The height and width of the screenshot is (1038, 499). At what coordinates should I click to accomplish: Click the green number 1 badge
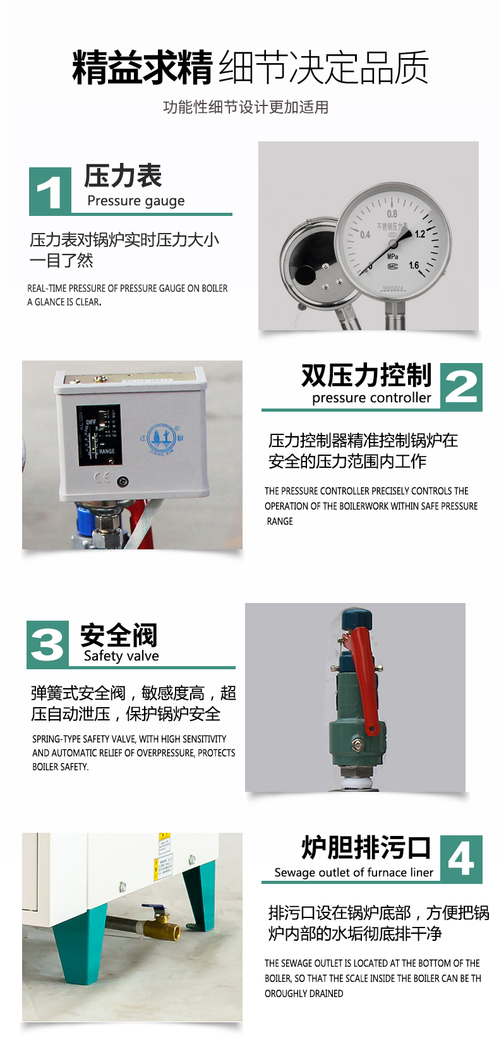pyautogui.click(x=50, y=191)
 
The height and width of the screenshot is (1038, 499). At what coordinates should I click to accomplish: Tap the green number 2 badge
pyautogui.click(x=461, y=387)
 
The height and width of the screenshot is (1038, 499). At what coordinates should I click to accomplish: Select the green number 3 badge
pyautogui.click(x=47, y=645)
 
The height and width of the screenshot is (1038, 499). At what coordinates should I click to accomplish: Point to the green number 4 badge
pyautogui.click(x=461, y=859)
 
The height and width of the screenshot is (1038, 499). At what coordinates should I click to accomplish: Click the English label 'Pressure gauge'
pyautogui.click(x=136, y=201)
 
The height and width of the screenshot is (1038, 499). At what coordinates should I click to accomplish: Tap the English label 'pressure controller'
pyautogui.click(x=371, y=398)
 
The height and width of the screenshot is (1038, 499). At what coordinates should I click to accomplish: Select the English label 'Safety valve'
pyautogui.click(x=121, y=656)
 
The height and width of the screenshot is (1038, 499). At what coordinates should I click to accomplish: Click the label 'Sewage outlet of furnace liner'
pyautogui.click(x=354, y=873)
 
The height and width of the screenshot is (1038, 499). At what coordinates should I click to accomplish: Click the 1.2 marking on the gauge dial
pyautogui.click(x=419, y=234)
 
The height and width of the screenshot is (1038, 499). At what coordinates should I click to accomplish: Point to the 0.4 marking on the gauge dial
pyautogui.click(x=365, y=235)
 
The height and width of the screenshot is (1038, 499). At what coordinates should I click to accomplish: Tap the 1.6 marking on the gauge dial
pyautogui.click(x=413, y=265)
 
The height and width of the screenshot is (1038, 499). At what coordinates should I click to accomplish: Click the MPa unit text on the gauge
pyautogui.click(x=392, y=256)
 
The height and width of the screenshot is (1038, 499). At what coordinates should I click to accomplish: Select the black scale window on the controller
pyautogui.click(x=99, y=436)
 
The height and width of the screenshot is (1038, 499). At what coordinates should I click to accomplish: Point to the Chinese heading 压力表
pyautogui.click(x=123, y=176)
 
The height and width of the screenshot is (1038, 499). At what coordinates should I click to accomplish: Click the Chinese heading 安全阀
pyautogui.click(x=118, y=635)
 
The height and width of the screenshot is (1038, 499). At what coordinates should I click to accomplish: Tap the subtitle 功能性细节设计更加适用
pyautogui.click(x=246, y=107)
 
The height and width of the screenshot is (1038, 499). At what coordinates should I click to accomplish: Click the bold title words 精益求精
pyautogui.click(x=142, y=68)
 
